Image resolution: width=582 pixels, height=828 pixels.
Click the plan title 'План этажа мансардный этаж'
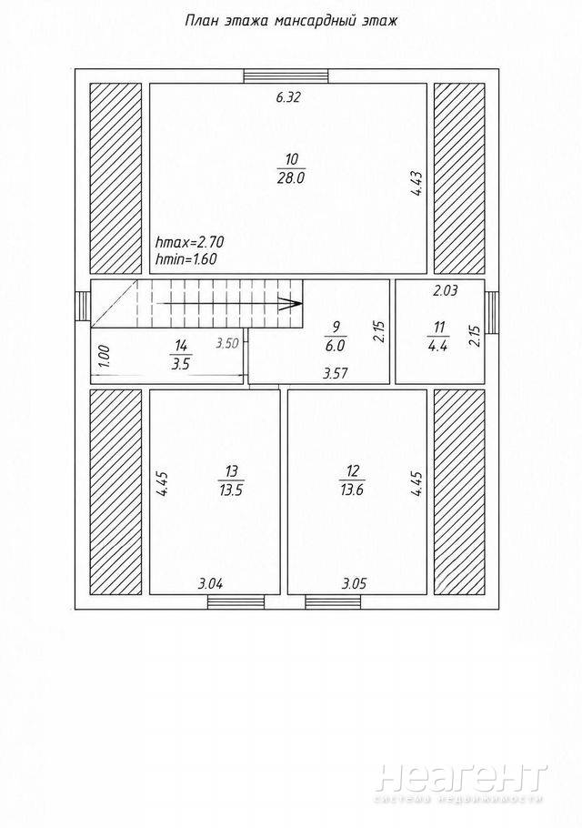(x=291, y=21)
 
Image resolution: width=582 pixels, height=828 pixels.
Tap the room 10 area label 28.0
(x=291, y=178)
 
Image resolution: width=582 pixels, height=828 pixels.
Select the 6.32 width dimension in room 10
(x=288, y=97)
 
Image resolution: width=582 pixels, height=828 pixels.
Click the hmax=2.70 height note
(x=190, y=242)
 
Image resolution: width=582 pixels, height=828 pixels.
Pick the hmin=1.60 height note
(x=186, y=258)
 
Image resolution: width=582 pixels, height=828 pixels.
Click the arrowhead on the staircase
(x=291, y=304)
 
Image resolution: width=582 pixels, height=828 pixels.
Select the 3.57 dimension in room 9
(x=335, y=374)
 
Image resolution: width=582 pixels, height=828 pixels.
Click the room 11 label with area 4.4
(x=438, y=336)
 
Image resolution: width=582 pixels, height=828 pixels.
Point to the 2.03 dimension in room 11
(x=445, y=290)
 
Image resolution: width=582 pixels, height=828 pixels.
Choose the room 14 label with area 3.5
(x=180, y=355)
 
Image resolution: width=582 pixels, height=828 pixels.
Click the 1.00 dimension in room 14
(x=104, y=356)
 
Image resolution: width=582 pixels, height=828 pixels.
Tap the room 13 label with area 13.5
(x=232, y=480)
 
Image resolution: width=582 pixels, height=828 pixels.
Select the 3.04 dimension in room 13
(x=211, y=584)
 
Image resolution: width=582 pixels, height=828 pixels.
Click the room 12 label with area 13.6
(x=352, y=480)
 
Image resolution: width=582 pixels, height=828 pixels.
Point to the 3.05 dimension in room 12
(x=354, y=584)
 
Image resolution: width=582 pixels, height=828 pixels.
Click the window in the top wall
(x=286, y=76)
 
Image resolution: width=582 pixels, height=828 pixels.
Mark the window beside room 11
(x=491, y=312)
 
